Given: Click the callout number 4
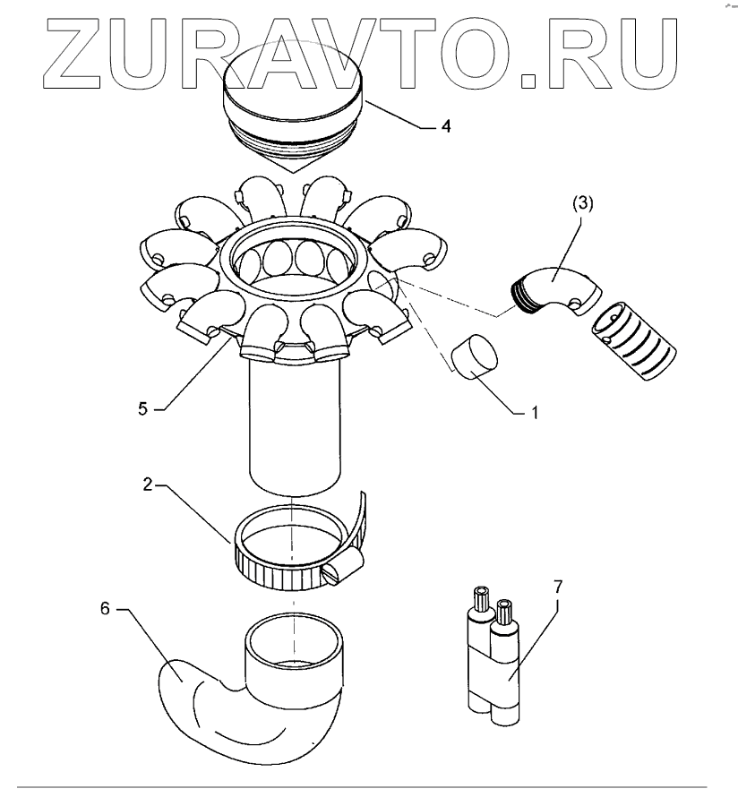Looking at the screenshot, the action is [x=445, y=126].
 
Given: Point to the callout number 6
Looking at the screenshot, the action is [x=104, y=609].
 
